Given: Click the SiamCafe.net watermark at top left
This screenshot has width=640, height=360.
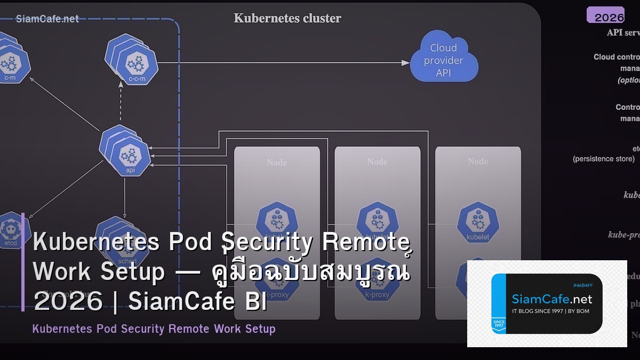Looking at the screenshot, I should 47,19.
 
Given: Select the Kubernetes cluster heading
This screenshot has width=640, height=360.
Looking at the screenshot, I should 287,18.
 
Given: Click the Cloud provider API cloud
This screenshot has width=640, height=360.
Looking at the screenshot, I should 444,60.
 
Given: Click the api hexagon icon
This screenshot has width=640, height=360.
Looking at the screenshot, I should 128,155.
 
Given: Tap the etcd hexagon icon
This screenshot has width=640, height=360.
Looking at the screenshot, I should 11,232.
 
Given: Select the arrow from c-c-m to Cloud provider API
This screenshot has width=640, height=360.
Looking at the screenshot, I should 283,62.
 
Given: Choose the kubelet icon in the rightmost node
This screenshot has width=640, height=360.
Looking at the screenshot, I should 477,222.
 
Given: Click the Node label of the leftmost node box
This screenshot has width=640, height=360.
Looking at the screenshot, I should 277,162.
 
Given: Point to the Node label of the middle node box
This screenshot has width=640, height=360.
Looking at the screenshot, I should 377,162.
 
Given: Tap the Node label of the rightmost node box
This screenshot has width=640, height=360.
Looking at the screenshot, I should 477,161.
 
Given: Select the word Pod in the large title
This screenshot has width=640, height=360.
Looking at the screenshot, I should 188,243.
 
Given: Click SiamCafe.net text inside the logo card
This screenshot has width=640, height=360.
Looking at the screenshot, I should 552,299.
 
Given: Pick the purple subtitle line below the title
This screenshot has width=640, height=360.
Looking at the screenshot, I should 154,329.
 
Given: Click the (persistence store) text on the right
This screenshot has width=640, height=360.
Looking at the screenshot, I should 603,159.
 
